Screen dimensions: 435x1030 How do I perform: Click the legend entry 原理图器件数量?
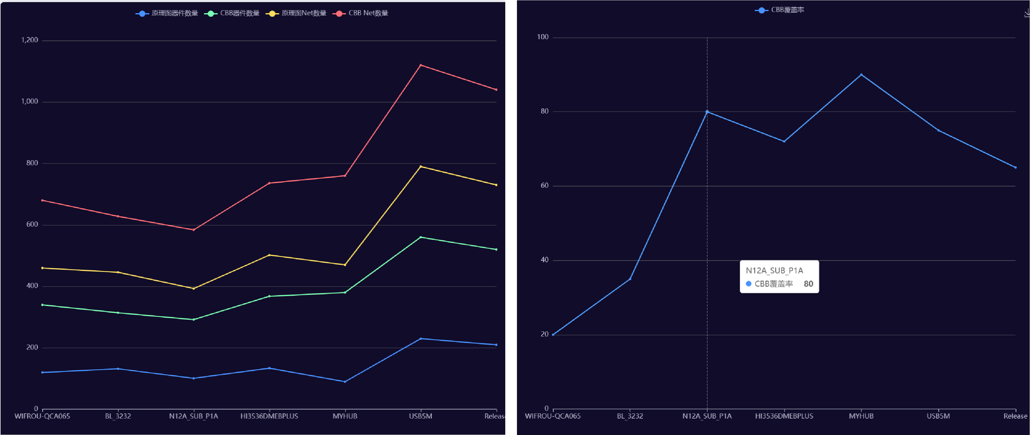coord(167,13)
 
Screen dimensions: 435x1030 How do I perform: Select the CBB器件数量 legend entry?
coord(232,13)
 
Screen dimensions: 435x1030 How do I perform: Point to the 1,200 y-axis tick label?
coord(30,40)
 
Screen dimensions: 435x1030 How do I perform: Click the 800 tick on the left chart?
coord(32,163)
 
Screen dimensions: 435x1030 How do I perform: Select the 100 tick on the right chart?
coord(543,37)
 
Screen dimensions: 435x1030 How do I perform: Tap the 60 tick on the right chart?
coord(545,186)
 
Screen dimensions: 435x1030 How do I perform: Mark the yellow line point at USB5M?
coord(421,166)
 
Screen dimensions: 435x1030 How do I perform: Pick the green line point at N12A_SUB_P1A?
coord(193,319)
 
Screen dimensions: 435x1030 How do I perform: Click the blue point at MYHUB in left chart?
coord(345,381)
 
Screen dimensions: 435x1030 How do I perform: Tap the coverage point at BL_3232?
coord(630,279)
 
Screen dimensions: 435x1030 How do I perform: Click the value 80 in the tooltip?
coord(808,284)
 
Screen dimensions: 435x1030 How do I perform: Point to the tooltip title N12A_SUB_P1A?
coord(774,271)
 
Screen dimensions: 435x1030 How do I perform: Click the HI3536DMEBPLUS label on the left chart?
coord(269,416)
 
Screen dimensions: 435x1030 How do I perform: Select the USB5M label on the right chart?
coord(938,416)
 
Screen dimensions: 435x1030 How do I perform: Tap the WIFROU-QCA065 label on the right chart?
coord(553,416)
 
